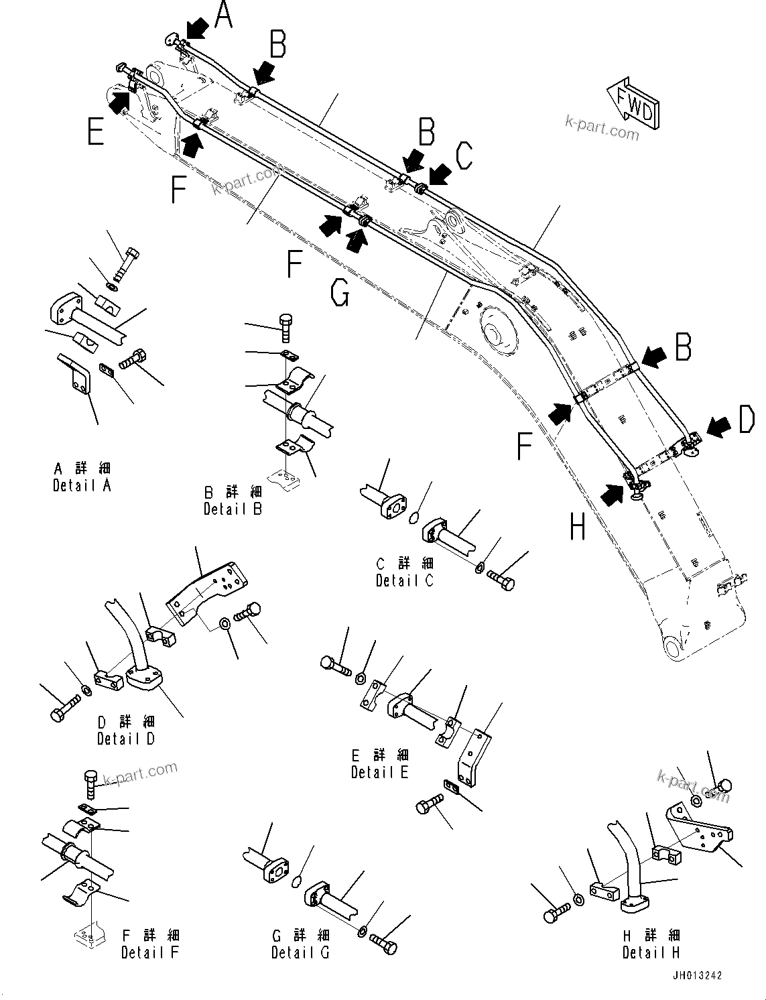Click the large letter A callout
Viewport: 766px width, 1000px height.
[x=222, y=15]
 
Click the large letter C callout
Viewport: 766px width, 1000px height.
[x=464, y=156]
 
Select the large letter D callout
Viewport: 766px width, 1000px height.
[x=745, y=420]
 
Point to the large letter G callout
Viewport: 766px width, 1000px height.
[x=340, y=293]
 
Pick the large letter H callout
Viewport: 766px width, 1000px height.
[x=578, y=527]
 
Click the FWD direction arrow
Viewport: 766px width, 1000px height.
[x=633, y=103]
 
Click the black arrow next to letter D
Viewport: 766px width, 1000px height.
[x=718, y=425]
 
